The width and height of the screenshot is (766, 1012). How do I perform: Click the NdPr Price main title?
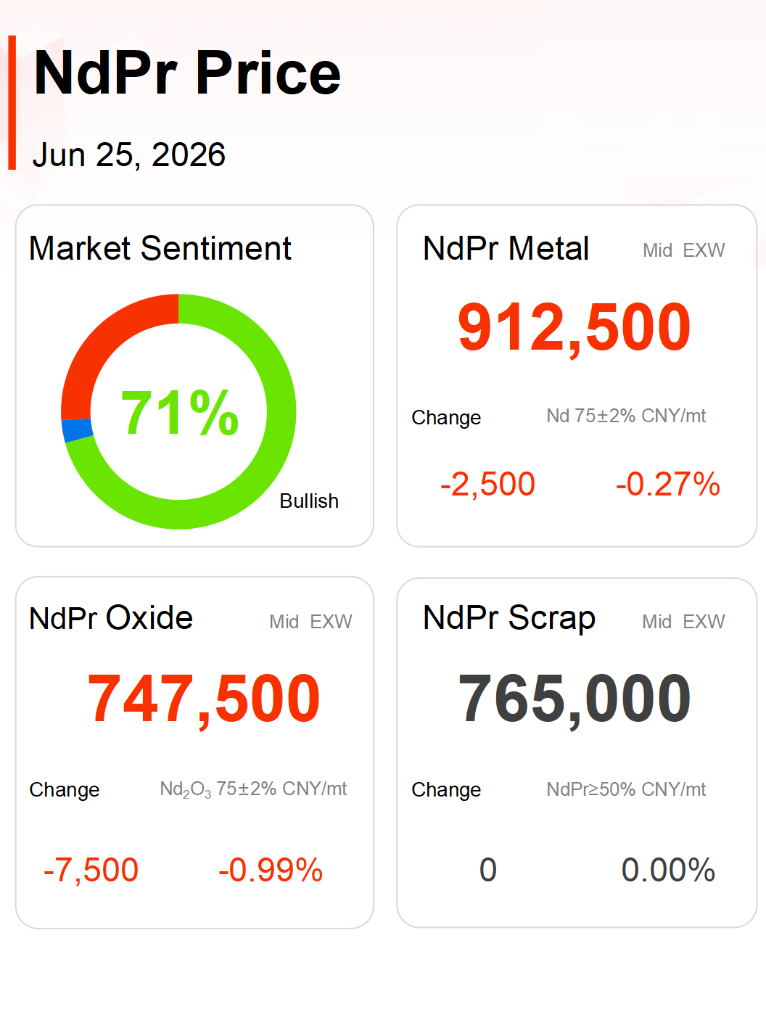pyautogui.click(x=187, y=73)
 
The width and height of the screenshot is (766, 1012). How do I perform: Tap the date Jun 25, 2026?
pyautogui.click(x=129, y=155)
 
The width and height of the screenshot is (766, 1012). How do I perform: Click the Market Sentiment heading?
pyautogui.click(x=160, y=249)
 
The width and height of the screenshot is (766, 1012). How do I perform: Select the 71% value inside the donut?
pyautogui.click(x=179, y=412)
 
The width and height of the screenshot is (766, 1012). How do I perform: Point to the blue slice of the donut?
pyautogui.click(x=76, y=429)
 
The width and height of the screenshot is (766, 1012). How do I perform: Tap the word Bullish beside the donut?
pyautogui.click(x=309, y=501)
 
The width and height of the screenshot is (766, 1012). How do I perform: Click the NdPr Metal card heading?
pyautogui.click(x=506, y=249)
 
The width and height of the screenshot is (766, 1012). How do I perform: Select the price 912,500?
pyautogui.click(x=574, y=327)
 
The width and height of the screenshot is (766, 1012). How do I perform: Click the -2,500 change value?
pyautogui.click(x=487, y=484)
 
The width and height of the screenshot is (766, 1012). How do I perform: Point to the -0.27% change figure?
pyautogui.click(x=668, y=484)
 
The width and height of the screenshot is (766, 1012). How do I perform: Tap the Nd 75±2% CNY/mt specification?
pyautogui.click(x=626, y=416)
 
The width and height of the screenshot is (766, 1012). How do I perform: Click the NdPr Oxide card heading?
pyautogui.click(x=110, y=618)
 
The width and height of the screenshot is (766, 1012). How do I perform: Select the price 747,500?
pyautogui.click(x=203, y=698)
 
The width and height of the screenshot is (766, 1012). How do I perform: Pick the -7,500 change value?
pyautogui.click(x=91, y=870)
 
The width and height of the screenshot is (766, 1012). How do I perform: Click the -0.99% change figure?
pyautogui.click(x=271, y=870)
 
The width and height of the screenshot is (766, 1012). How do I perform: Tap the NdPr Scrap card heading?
pyautogui.click(x=509, y=619)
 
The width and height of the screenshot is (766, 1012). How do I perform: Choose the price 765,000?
pyautogui.click(x=574, y=698)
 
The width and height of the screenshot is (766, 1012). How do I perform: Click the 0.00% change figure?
pyautogui.click(x=668, y=870)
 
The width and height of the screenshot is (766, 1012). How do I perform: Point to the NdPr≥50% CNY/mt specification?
pyautogui.click(x=626, y=789)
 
